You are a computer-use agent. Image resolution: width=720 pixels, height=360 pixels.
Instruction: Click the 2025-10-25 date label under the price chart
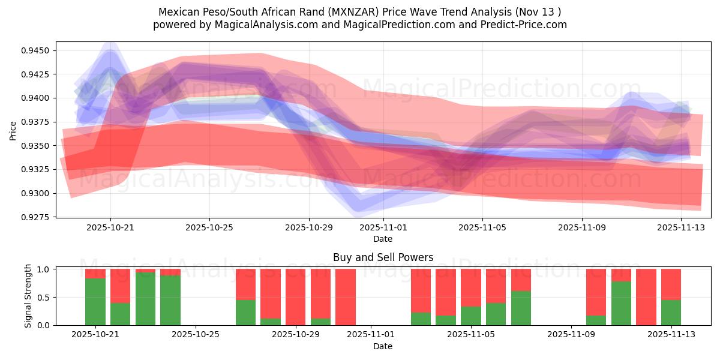[x=209, y=228]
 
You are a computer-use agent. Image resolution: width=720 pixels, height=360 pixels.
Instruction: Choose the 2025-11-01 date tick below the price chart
[x=383, y=228]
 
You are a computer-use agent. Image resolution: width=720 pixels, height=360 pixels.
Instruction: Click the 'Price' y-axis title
[x=13, y=130]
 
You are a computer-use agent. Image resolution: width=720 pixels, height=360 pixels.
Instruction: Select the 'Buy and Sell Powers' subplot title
[x=383, y=258]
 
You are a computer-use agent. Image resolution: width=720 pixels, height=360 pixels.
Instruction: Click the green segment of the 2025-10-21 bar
[x=95, y=301]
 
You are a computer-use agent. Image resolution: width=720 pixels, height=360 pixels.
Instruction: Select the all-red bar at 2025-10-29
[x=295, y=297]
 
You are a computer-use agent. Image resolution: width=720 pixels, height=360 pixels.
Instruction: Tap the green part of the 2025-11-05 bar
[x=471, y=316]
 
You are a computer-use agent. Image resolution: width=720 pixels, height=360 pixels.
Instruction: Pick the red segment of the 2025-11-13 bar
[x=671, y=284]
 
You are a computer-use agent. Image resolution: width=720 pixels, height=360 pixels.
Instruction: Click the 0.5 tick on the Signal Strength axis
[x=44, y=297]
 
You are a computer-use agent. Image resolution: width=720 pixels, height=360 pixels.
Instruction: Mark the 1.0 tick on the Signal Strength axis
[x=44, y=269]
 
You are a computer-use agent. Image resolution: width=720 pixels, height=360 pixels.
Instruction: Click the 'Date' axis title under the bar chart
[x=383, y=346]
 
